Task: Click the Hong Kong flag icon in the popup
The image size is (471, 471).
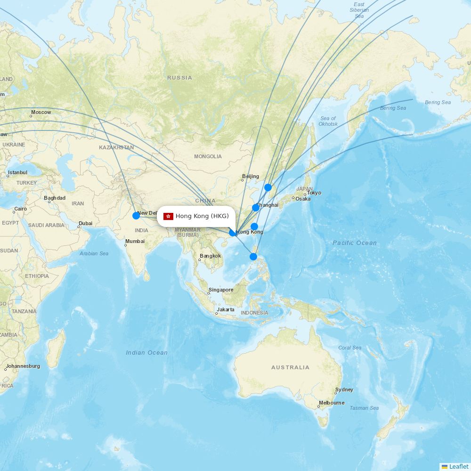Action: point(168,216)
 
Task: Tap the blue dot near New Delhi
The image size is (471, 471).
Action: point(136,216)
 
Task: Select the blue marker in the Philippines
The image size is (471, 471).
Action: point(253,257)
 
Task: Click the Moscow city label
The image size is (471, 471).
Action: point(41,113)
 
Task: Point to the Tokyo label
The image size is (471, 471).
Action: point(314,193)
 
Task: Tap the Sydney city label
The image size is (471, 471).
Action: point(344,390)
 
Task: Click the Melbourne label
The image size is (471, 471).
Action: point(332,403)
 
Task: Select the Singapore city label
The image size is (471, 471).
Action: point(221,290)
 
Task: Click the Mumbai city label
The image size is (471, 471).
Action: point(135,242)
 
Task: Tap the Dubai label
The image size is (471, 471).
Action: point(85,223)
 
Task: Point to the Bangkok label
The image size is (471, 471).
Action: point(210,256)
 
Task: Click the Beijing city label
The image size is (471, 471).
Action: point(251,177)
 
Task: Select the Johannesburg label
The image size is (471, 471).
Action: point(23,366)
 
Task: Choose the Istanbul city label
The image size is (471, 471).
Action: point(17,173)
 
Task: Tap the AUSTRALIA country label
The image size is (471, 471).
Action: point(290,367)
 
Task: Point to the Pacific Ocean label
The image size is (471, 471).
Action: point(355,243)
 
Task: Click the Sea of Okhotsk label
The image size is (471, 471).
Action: point(328,121)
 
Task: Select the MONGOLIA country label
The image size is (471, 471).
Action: point(208,156)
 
